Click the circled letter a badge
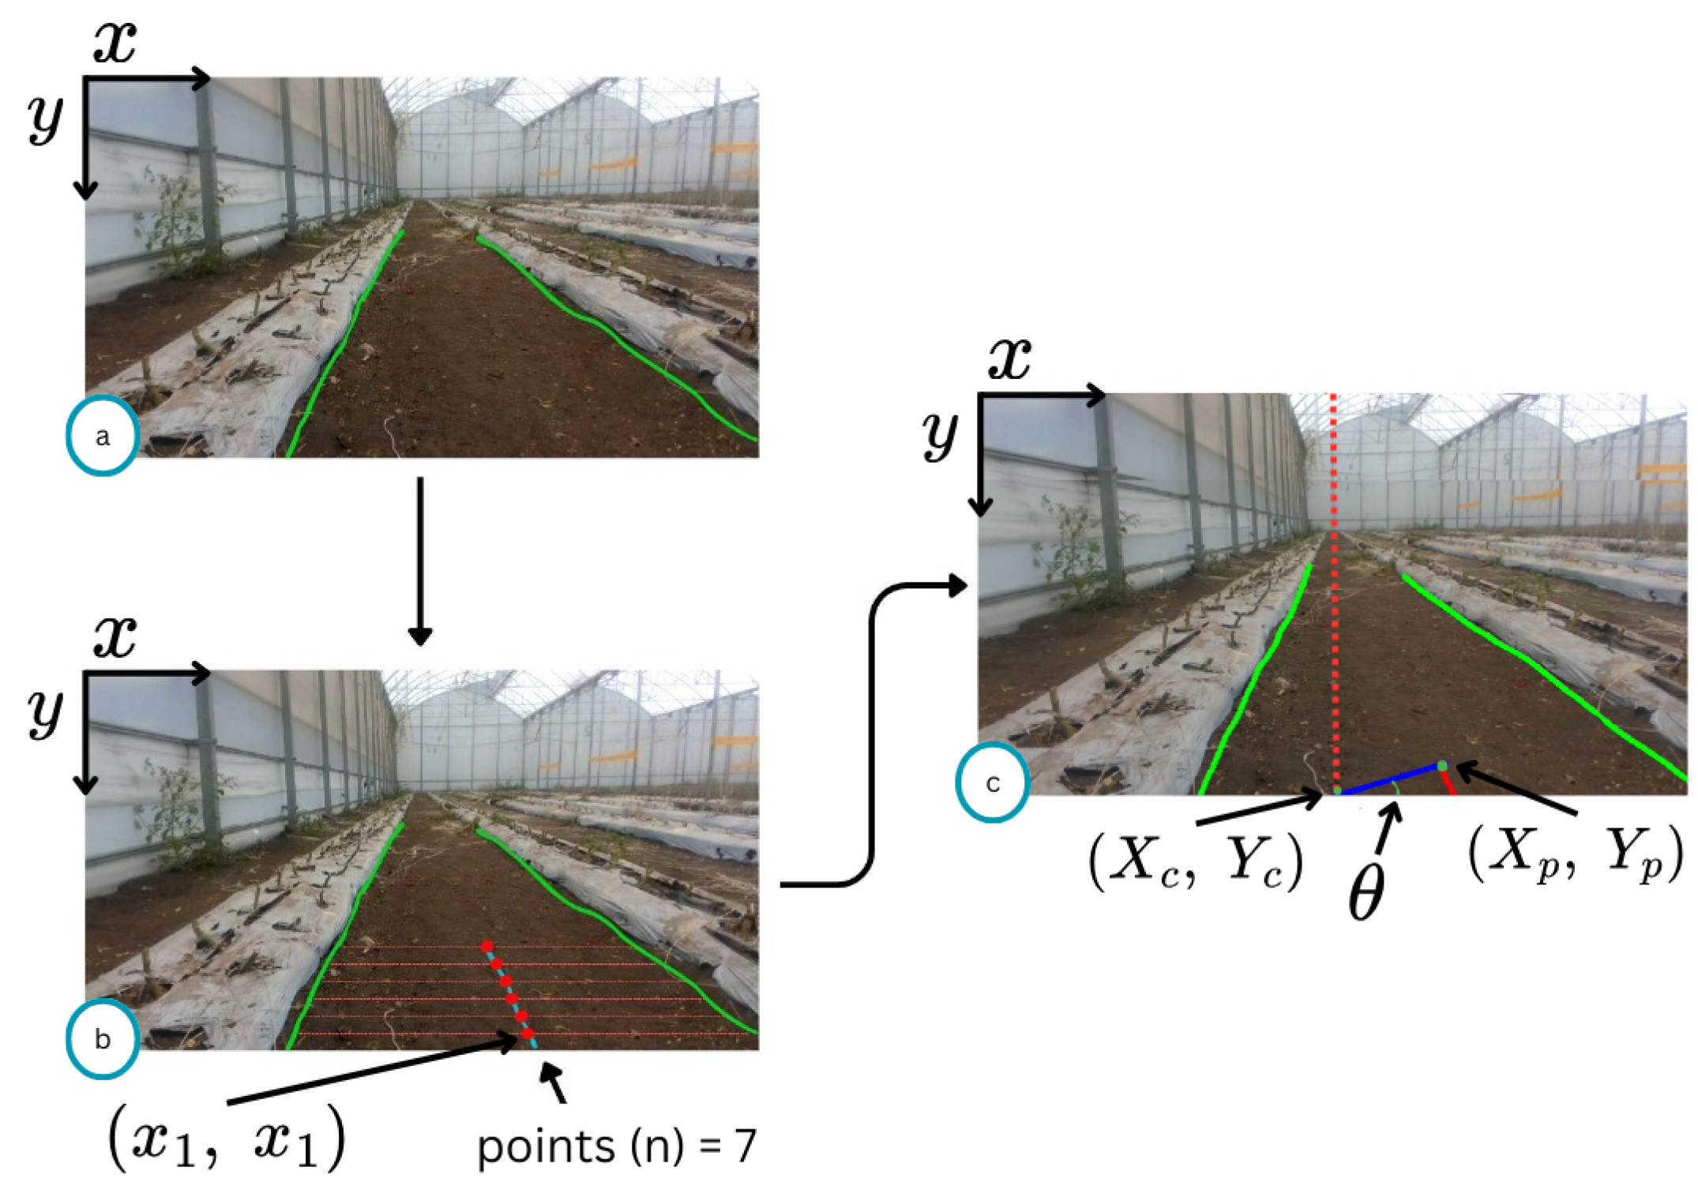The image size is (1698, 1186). [x=103, y=436]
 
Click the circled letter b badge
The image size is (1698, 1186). [x=103, y=1039]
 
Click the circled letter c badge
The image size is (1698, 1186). [x=993, y=783]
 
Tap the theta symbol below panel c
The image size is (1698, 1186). [x=1366, y=891]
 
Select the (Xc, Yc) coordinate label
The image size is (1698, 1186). [x=1196, y=862]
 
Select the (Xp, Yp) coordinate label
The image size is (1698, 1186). [x=1575, y=854]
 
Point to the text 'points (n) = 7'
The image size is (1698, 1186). [x=617, y=1146]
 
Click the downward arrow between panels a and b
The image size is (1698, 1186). [x=420, y=561]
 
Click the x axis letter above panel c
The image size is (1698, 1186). [x=1009, y=358]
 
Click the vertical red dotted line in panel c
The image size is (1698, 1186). [x=1335, y=592]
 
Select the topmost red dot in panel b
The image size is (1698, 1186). [x=487, y=945]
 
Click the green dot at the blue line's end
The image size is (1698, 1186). [x=1442, y=765]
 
